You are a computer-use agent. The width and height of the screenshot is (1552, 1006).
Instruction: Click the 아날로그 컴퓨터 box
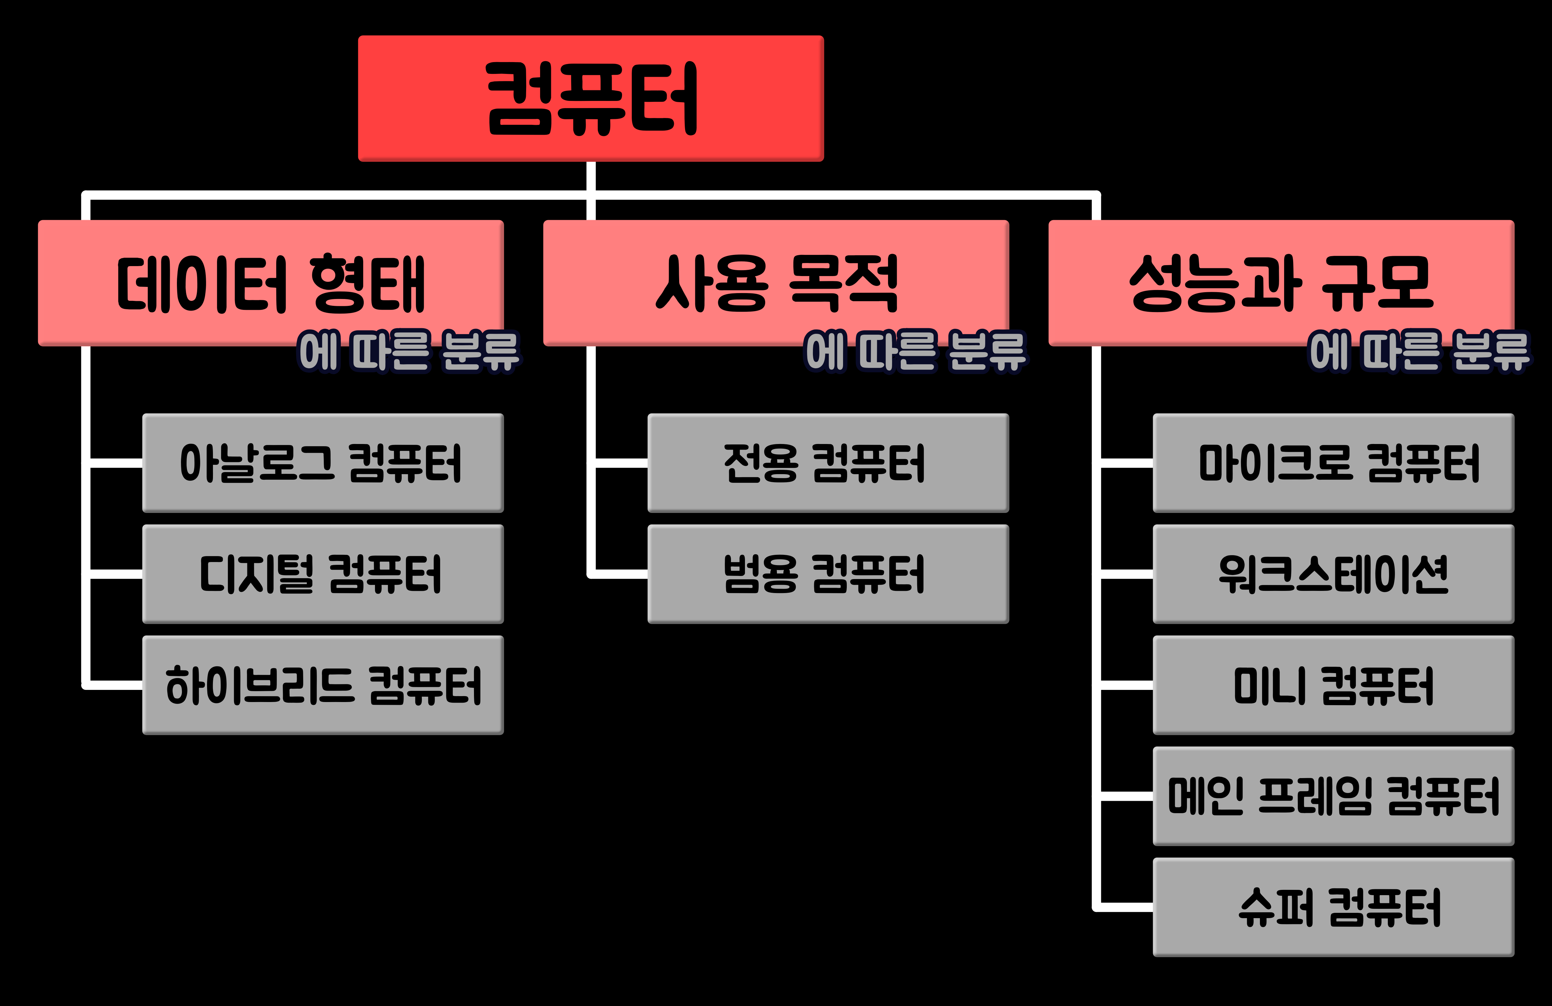[323, 463]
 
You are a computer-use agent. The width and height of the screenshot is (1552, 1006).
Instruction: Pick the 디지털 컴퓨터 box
[323, 573]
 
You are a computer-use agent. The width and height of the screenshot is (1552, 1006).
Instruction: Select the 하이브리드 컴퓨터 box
[323, 685]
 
